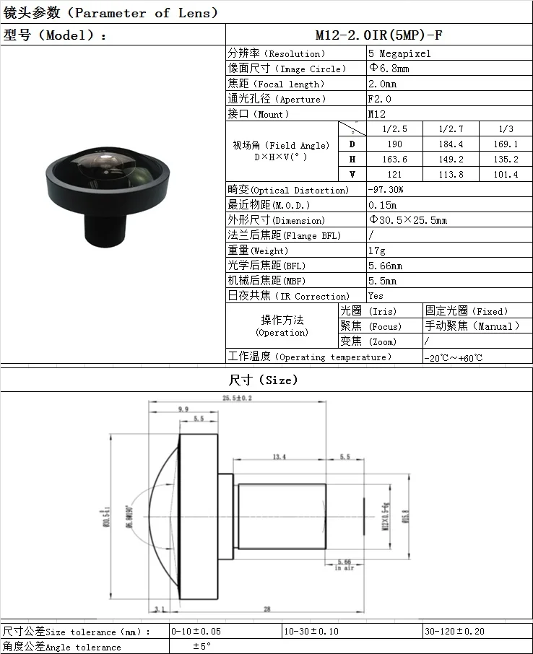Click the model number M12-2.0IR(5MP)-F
tap(378, 35)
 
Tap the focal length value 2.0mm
tap(382, 84)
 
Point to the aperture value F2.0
tap(379, 99)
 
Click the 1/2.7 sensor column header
tap(451, 128)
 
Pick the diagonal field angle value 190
tap(394, 144)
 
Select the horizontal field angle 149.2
tap(451, 160)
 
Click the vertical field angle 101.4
tap(506, 175)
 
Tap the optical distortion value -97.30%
tap(386, 190)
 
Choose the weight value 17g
tap(376, 250)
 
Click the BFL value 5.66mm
tap(384, 266)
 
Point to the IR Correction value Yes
tap(376, 296)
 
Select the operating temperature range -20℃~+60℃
tap(454, 357)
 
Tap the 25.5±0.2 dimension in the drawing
tap(237, 398)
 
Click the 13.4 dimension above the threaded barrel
tap(279, 456)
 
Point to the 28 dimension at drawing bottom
tap(267, 609)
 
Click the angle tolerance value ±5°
tap(201, 647)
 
